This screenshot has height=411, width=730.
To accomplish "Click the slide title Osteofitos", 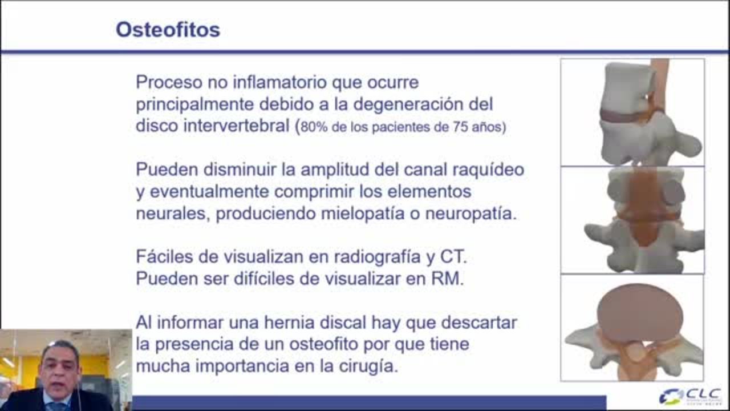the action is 168,30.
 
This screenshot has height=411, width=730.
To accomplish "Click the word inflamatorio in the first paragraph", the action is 279,82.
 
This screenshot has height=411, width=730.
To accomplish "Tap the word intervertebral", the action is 236,126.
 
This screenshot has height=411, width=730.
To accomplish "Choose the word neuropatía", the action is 471,214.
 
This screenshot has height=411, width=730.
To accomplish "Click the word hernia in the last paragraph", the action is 289,323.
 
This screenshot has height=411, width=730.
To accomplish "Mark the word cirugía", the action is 368,366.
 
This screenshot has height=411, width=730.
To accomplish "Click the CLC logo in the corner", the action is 691,396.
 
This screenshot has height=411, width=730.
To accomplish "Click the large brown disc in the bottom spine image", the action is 640,314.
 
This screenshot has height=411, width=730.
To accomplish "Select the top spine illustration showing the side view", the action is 632,112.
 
